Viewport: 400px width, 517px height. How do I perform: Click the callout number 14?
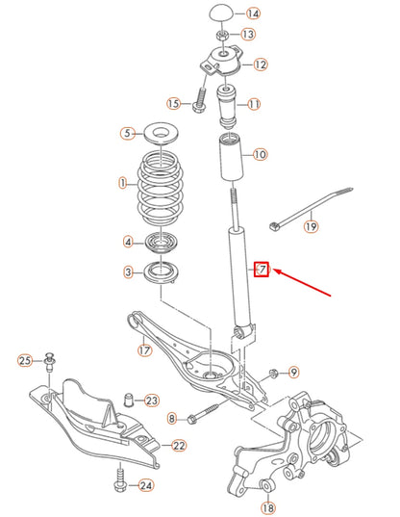253,13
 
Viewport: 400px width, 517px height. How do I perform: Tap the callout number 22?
180,445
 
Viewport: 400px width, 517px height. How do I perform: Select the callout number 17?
145,349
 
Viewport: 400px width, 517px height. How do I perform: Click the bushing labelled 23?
127,400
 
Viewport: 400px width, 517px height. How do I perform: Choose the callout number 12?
261,65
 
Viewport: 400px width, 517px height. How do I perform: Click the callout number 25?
25,360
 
